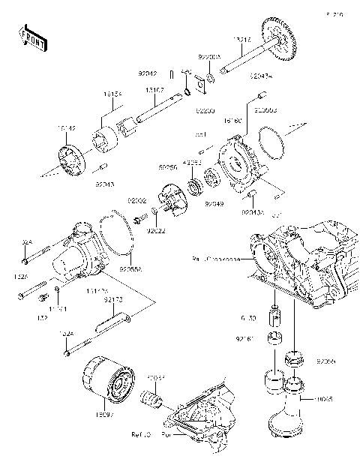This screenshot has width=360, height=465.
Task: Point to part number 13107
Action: coord(155,88)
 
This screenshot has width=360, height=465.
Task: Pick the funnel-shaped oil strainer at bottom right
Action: coord(289,409)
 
